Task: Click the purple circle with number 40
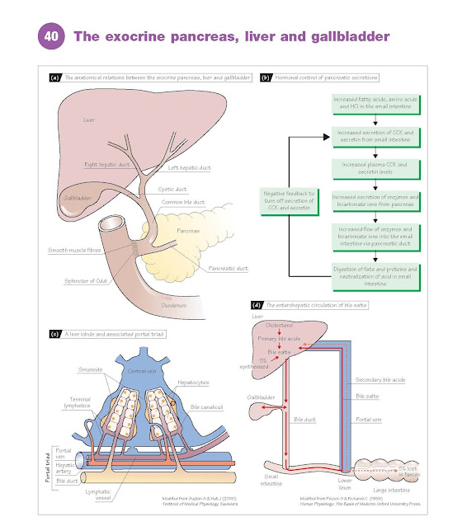(51, 37)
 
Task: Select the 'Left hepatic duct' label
(189, 168)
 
